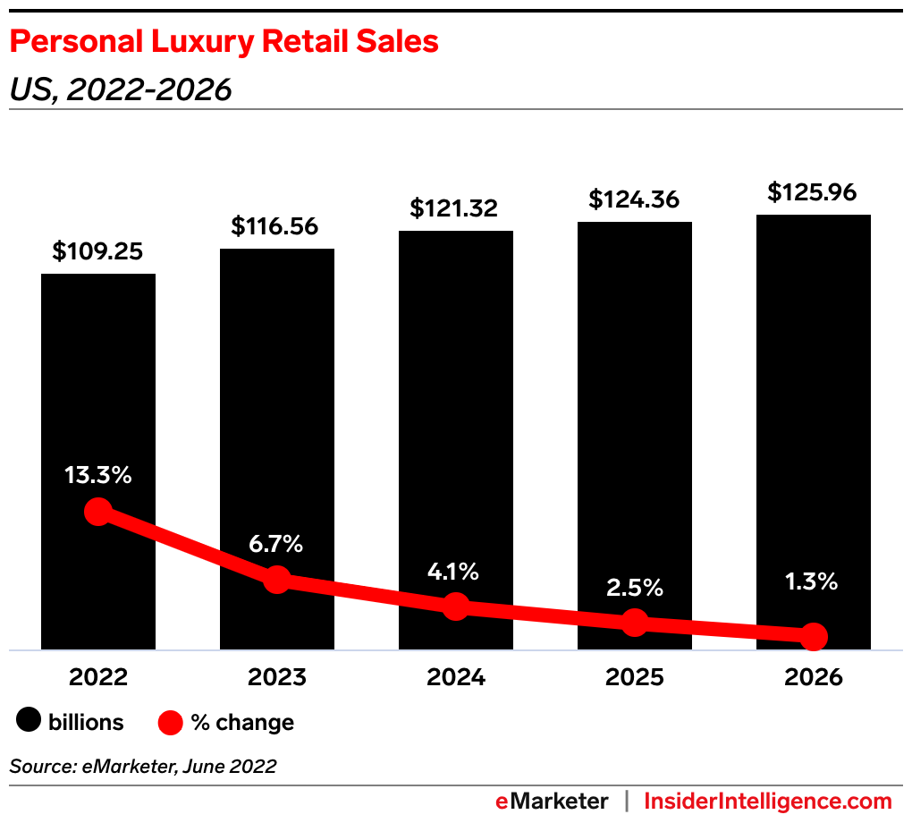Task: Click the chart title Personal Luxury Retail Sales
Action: (224, 42)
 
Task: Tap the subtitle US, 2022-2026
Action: (121, 89)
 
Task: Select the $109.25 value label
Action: (97, 251)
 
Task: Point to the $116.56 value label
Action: (276, 226)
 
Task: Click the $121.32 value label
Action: (455, 208)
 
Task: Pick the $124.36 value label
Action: (634, 199)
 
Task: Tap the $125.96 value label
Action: (813, 192)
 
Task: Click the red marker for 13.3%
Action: (97, 512)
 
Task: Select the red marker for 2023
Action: (277, 580)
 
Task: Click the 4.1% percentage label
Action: (455, 570)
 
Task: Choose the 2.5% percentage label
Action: (634, 587)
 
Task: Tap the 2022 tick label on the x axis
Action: (97, 677)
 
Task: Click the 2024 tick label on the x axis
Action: (455, 677)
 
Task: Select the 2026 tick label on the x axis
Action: (813, 677)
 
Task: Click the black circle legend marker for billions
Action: (29, 721)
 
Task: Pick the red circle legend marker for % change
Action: (171, 722)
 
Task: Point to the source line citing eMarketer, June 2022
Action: (143, 766)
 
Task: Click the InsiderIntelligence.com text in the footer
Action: (768, 801)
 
